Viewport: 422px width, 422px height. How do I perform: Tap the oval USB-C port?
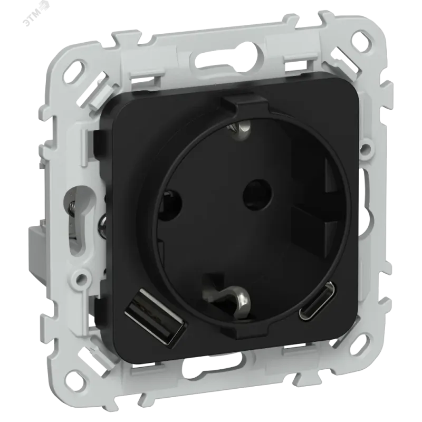point(317,301)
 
